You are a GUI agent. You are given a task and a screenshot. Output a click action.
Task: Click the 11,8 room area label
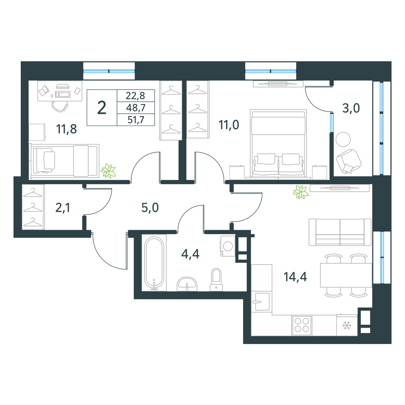(x=67, y=129)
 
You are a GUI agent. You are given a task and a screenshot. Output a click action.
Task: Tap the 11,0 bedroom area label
(x=229, y=125)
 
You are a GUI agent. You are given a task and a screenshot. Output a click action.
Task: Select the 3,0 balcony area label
(x=351, y=108)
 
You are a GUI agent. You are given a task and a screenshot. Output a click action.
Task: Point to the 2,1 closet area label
(x=62, y=208)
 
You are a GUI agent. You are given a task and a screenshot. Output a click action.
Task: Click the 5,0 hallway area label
(x=150, y=208)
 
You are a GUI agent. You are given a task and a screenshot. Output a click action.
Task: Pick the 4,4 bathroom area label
(x=190, y=254)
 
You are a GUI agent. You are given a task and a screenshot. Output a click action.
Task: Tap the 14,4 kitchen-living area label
(x=295, y=277)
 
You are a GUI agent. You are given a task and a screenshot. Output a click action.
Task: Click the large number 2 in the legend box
(x=102, y=108)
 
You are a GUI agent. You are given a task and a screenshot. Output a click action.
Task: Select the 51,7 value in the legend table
(x=136, y=120)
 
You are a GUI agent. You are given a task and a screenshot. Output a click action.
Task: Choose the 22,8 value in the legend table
(x=136, y=96)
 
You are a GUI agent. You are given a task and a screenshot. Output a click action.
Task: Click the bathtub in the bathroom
(x=154, y=263)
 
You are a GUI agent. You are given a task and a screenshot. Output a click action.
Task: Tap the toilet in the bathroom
(x=216, y=280)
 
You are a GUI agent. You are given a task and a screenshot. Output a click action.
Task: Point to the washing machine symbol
(x=228, y=246)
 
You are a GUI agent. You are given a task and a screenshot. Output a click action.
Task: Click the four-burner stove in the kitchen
(x=302, y=325)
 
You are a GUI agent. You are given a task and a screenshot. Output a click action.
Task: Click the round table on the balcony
(x=343, y=139)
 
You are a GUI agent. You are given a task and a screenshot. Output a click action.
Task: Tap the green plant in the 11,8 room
(x=108, y=171)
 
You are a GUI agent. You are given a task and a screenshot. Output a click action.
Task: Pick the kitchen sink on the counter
(x=262, y=301)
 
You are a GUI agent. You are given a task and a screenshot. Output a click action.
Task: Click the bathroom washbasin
(x=187, y=284)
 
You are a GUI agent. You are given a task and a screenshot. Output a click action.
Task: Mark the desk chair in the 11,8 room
(x=60, y=106)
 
